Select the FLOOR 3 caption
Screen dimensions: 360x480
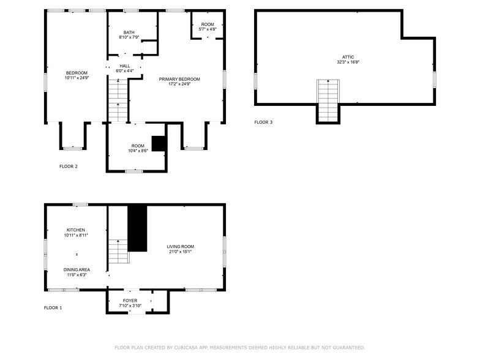click(x=263, y=122)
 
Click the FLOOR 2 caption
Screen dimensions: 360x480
click(x=68, y=167)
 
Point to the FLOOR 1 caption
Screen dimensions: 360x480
click(x=53, y=307)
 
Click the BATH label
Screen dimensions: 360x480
click(x=129, y=32)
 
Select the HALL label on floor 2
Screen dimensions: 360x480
click(x=125, y=66)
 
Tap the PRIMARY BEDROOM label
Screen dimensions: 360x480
click(x=179, y=79)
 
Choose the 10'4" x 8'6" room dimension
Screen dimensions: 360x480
click(x=138, y=151)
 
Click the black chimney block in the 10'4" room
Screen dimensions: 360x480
click(x=159, y=143)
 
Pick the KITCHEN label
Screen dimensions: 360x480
click(x=76, y=230)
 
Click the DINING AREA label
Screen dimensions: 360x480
click(x=77, y=269)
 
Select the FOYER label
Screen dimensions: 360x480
click(x=130, y=301)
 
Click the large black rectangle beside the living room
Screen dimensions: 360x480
click(x=137, y=228)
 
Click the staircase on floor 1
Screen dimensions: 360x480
click(x=118, y=252)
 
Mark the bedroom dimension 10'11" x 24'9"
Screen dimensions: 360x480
click(x=77, y=78)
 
